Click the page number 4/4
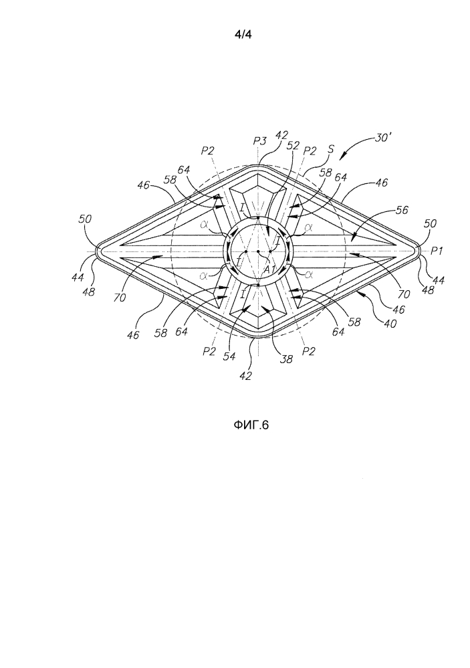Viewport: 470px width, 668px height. tap(243, 35)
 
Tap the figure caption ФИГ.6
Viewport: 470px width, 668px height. tap(251, 425)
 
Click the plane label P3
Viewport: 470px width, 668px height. tap(259, 140)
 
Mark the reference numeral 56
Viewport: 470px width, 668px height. tap(402, 209)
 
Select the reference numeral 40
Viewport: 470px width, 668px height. tap(390, 324)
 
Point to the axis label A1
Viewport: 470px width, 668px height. tap(269, 269)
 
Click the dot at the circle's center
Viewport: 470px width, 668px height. tap(258, 252)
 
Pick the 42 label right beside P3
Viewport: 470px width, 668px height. tap(281, 136)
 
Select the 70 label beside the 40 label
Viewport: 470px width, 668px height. tap(404, 294)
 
